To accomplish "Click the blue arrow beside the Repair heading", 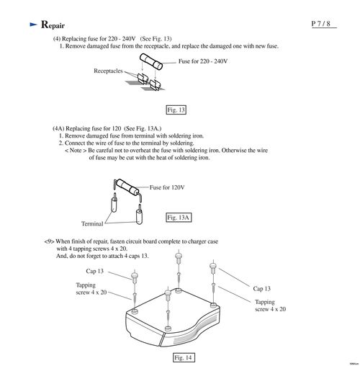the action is pos(33,24).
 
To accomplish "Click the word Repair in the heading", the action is pos(53,24).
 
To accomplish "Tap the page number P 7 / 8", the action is pos(321,24).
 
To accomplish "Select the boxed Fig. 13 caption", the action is pos(176,110).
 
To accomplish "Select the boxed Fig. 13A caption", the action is pos(179,218).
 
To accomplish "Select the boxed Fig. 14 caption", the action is pos(184,357).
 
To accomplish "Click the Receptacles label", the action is pos(108,71).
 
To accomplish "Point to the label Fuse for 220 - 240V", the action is pos(203,61).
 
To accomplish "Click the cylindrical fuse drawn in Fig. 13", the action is pos(151,61).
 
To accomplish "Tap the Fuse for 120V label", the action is pos(167,187).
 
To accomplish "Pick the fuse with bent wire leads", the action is pos(127,189).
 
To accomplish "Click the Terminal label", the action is pos(92,224).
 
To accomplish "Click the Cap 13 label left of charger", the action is pos(94,271).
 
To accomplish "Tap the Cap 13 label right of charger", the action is pos(261,289).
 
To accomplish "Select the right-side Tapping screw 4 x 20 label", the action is pos(270,305).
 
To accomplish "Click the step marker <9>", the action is pos(49,241).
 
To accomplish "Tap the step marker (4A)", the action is pos(58,128).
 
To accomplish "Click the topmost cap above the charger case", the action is pos(179,257).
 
